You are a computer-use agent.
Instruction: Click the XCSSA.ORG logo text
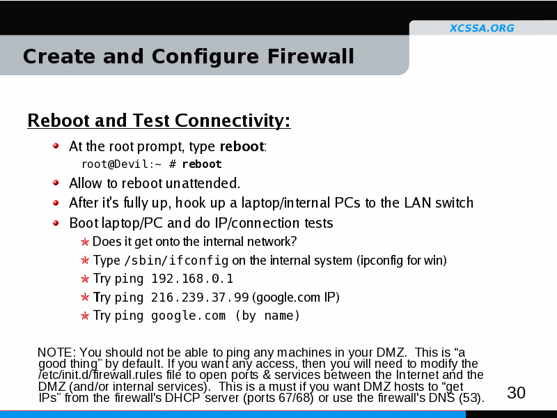point(482,28)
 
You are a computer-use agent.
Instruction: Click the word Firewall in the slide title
point(311,56)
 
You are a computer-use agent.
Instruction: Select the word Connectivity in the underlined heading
point(233,121)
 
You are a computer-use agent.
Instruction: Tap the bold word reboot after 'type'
point(242,146)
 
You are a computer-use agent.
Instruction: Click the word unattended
point(203,183)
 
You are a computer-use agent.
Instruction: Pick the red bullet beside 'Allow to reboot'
point(56,183)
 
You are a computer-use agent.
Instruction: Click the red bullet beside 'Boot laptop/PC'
point(56,223)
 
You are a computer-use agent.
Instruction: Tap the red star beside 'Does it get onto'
point(84,242)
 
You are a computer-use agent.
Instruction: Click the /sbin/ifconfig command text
point(176,261)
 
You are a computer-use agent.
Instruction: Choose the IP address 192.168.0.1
point(192,279)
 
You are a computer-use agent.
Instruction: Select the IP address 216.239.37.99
point(200,297)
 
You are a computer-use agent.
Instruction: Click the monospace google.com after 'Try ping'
point(188,316)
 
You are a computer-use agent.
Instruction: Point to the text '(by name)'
point(268,316)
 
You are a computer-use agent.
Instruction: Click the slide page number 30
point(516,393)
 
